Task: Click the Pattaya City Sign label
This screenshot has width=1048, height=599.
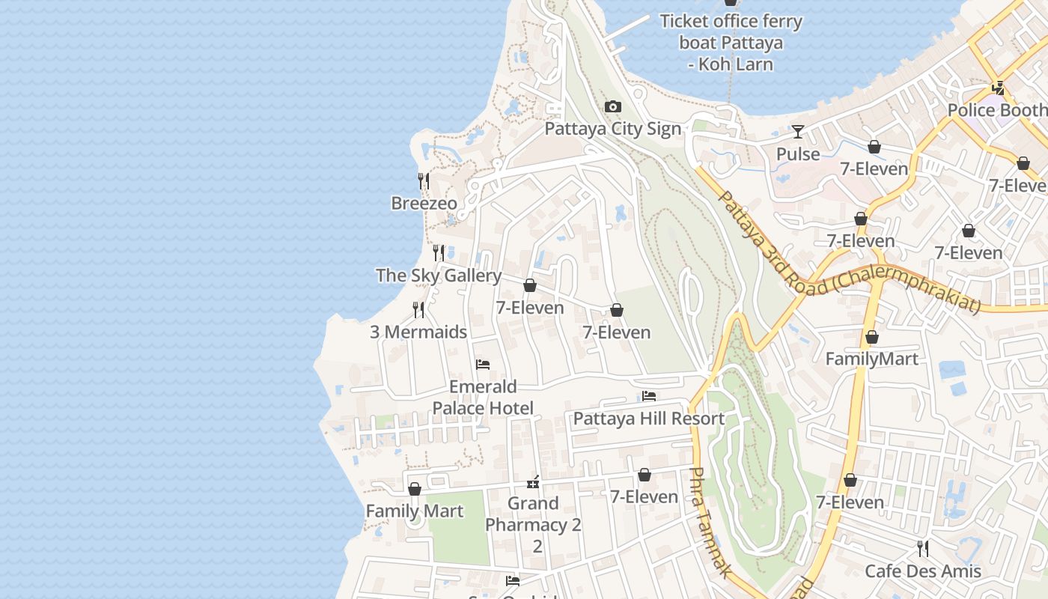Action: (612, 129)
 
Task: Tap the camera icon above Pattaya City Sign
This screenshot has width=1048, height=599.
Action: (613, 107)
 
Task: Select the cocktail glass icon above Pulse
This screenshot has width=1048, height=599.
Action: (798, 133)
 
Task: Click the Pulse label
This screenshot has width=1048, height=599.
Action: (798, 154)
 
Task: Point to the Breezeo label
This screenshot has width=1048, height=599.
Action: (424, 203)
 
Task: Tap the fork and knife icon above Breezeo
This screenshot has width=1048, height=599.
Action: (424, 181)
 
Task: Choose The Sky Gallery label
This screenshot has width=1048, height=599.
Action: (439, 276)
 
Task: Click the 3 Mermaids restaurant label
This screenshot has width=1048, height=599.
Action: (418, 332)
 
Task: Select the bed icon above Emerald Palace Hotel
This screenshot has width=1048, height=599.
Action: (483, 365)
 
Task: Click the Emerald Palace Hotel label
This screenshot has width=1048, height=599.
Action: (483, 398)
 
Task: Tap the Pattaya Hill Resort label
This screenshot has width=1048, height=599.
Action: (649, 419)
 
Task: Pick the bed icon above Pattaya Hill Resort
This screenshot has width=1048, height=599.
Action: (649, 396)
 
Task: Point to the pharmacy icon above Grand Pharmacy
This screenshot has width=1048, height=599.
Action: (533, 481)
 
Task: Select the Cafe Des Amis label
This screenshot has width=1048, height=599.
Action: (922, 571)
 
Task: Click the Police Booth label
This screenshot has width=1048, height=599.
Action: (997, 110)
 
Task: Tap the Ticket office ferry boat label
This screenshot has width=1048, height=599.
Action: (731, 43)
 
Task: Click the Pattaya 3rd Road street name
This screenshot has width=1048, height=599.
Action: (846, 255)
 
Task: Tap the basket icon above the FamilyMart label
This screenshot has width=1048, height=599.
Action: (871, 338)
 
